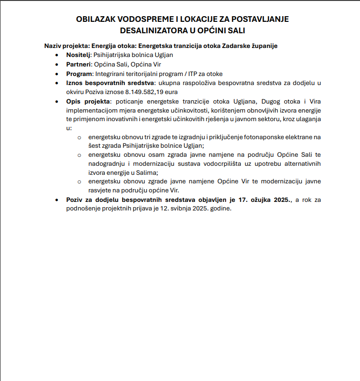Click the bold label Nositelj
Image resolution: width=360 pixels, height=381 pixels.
[x=78, y=55]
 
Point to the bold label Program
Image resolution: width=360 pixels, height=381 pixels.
[x=79, y=74]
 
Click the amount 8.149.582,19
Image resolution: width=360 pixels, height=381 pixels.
[x=144, y=92]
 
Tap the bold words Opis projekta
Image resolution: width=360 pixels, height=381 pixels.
[x=88, y=102]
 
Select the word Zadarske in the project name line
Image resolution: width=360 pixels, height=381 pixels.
[x=236, y=46]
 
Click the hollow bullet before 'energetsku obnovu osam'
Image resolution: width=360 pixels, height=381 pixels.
[x=79, y=155]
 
